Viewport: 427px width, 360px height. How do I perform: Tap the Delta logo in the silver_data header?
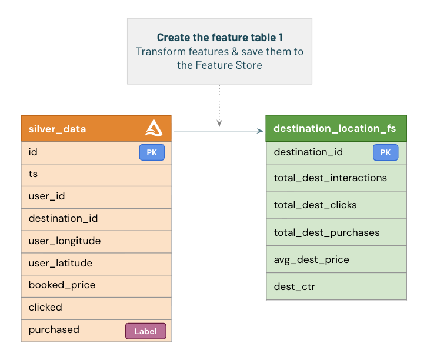(154, 128)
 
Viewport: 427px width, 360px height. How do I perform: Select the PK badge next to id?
(152, 153)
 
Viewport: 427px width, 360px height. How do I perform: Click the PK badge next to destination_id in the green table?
(385, 153)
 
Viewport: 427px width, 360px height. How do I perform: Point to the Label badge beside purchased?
(146, 331)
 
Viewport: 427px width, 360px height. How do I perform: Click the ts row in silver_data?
(96, 175)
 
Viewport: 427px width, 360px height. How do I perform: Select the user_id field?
(96, 196)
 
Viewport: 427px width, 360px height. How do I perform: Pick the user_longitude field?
(96, 241)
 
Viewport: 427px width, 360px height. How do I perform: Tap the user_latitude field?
(96, 263)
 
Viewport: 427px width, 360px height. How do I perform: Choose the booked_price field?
(96, 285)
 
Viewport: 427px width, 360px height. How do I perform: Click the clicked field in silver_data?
(96, 307)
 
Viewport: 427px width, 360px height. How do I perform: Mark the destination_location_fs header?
(335, 128)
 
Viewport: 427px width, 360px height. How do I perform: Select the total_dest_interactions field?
(336, 178)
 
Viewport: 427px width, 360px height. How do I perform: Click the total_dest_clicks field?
(336, 205)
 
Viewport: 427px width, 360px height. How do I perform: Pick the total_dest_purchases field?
(336, 232)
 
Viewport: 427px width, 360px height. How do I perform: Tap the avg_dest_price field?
(336, 259)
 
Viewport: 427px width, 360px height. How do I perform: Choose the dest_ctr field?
(336, 286)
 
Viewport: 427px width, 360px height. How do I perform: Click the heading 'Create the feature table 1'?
(219, 38)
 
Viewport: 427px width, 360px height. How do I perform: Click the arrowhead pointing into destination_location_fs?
(261, 131)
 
